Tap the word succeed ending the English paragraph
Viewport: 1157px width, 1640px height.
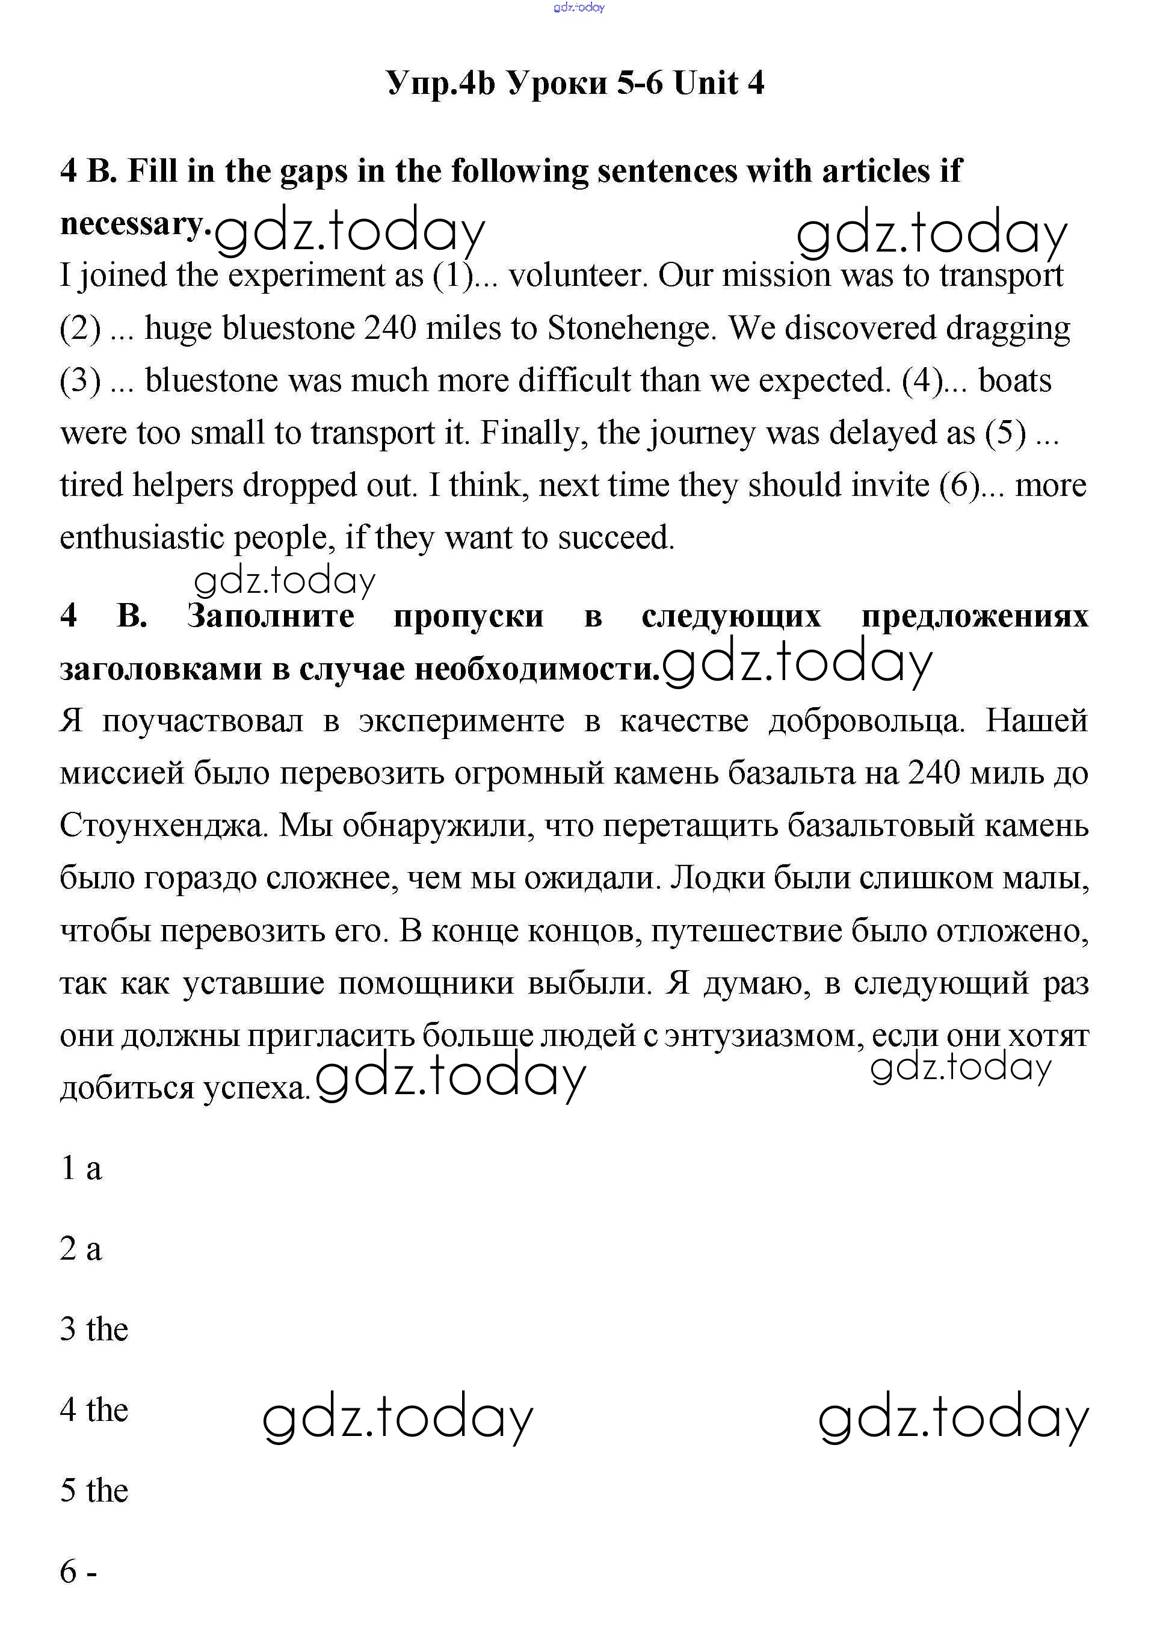pos(616,537)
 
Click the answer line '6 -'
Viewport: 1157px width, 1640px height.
pos(79,1571)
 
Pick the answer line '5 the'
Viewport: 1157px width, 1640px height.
pos(94,1491)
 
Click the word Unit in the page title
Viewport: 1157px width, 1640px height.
pos(706,83)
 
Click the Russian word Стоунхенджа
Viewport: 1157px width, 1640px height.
pos(164,826)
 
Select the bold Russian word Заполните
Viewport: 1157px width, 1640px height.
pos(271,616)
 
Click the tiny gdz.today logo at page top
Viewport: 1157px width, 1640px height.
pos(579,7)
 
